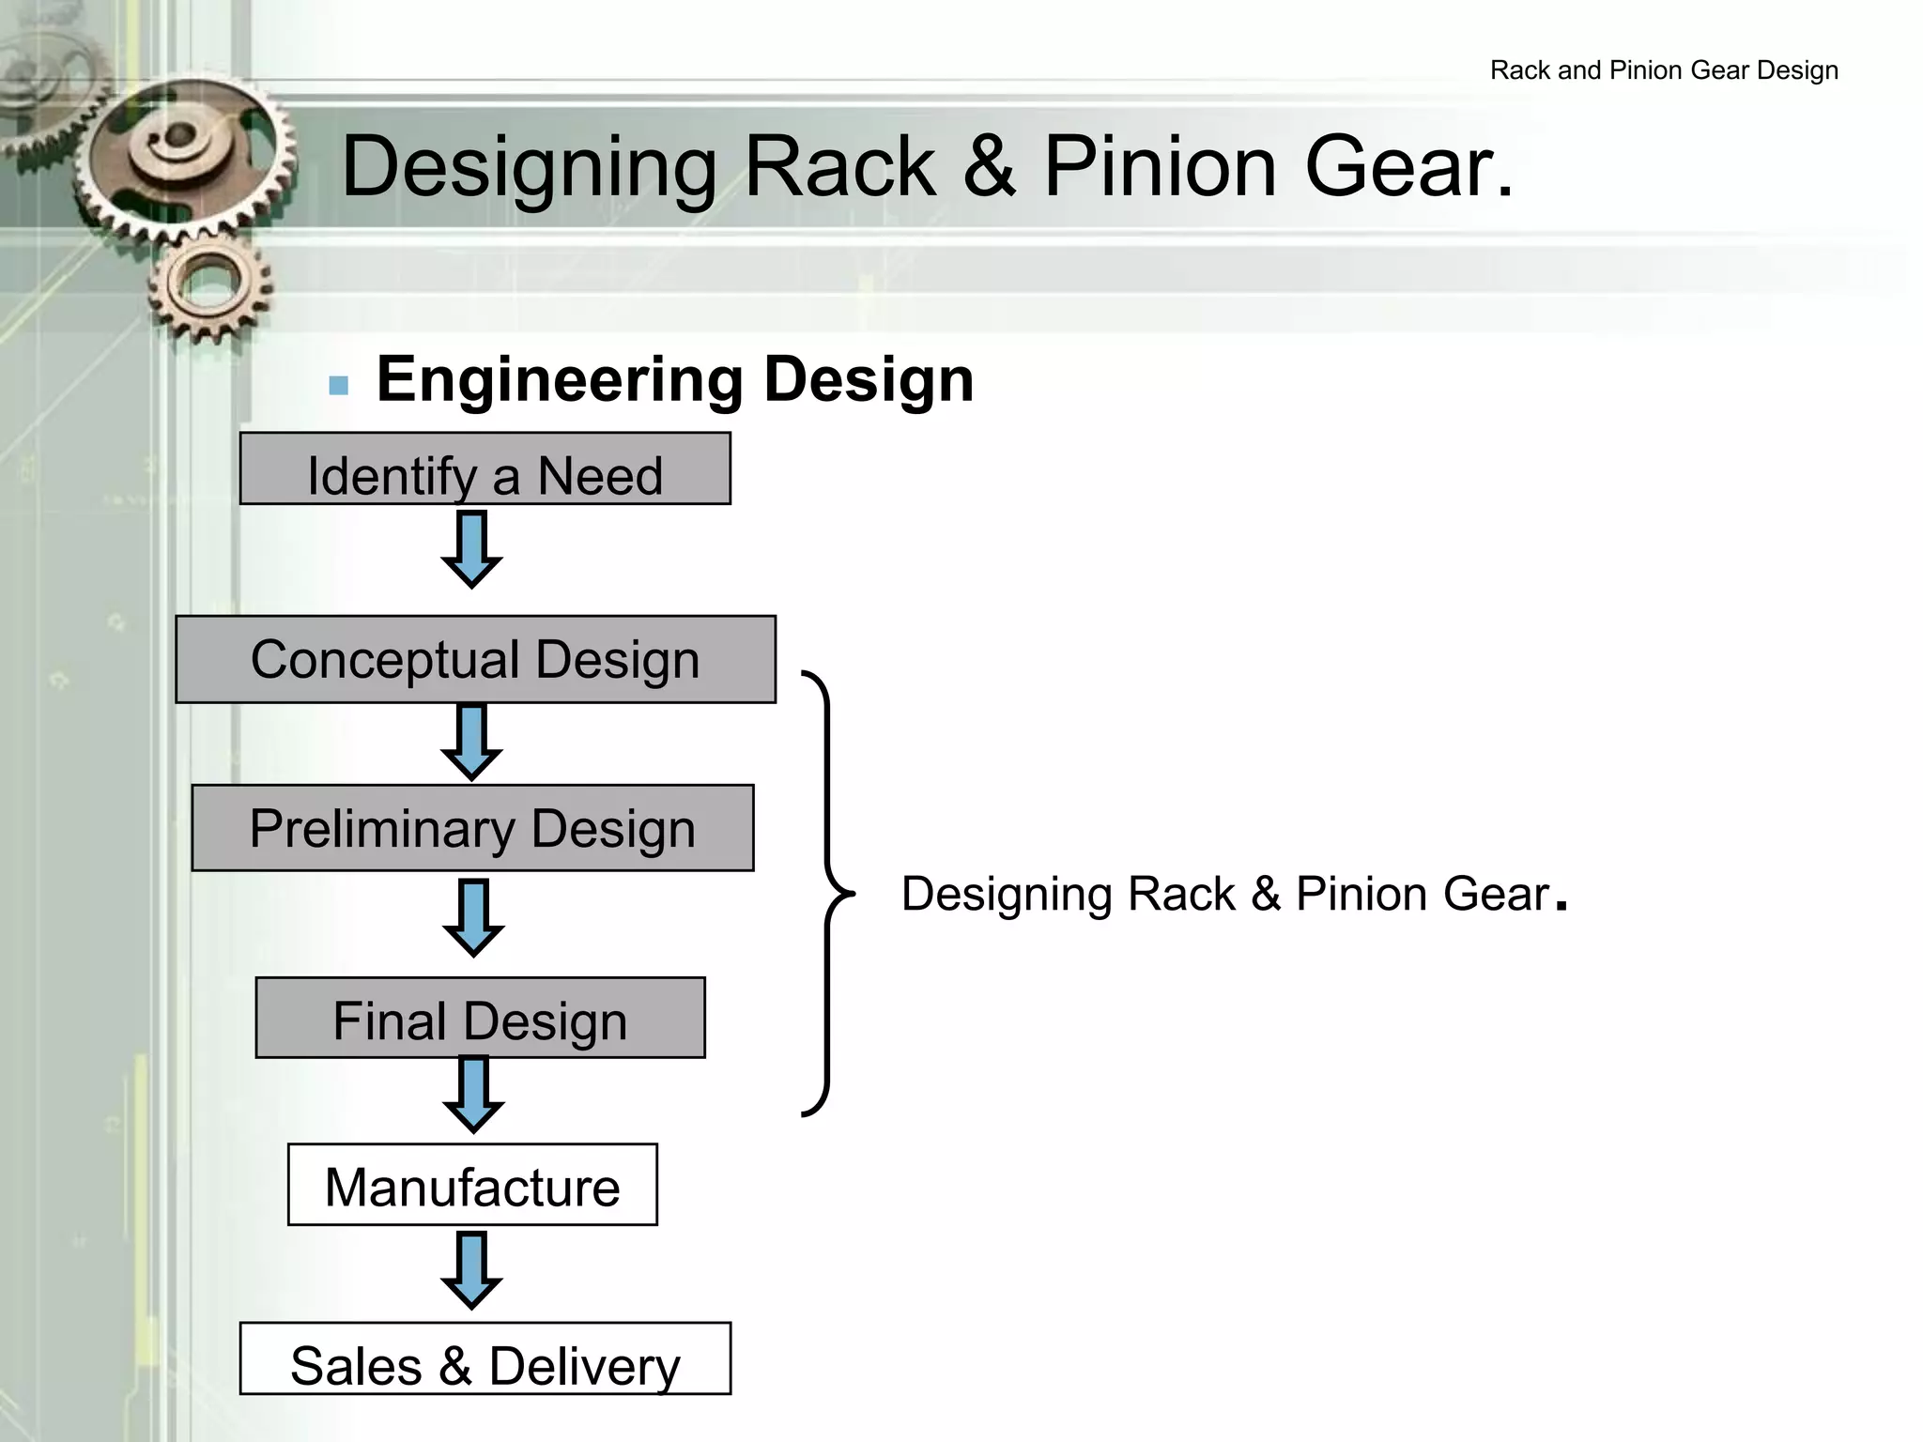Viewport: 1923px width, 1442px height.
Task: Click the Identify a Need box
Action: pos(485,469)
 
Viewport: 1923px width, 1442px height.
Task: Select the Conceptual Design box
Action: pos(475,659)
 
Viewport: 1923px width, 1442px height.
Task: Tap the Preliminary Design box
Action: pos(472,828)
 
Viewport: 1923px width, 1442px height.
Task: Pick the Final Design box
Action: pos(480,1019)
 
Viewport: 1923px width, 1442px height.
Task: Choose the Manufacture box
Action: pos(472,1185)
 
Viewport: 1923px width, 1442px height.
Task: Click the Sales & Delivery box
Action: pos(485,1358)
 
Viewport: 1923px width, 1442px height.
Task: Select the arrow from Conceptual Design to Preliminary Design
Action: pos(471,743)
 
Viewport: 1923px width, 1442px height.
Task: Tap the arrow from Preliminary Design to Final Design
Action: pos(473,917)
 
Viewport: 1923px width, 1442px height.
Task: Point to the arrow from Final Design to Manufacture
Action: pos(473,1094)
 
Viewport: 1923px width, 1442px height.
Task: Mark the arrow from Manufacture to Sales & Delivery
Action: pos(471,1270)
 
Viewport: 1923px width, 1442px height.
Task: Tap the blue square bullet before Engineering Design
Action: pos(339,385)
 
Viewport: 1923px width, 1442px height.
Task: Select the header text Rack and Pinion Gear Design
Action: pos(1664,70)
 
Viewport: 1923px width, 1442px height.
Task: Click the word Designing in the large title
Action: pos(529,167)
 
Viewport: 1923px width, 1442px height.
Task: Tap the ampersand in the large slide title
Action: pos(989,167)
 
